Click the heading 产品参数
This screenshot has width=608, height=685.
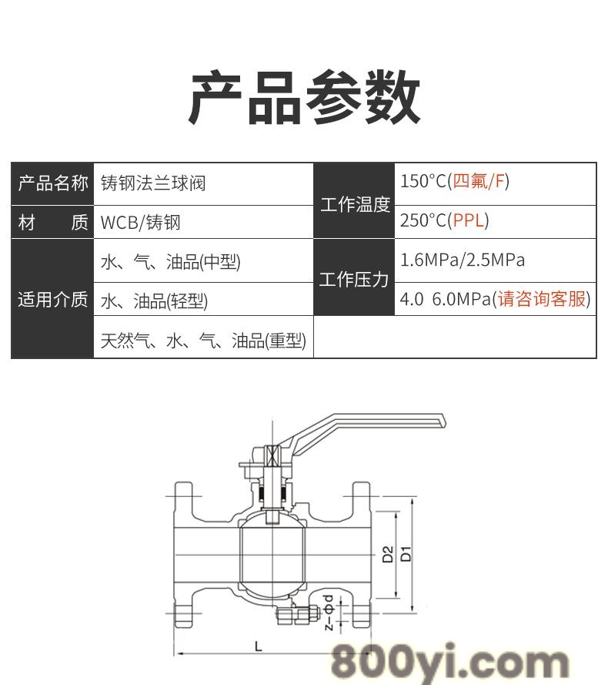304,97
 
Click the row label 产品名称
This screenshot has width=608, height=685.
53,183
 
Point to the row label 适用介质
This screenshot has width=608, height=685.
53,300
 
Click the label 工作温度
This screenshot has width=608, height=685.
355,204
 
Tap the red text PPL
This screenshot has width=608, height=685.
469,220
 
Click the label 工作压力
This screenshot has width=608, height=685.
354,280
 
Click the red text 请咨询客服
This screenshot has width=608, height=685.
542,299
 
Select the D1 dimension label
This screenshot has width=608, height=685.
406,553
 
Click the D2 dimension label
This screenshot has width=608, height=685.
388,554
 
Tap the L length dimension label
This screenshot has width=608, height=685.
259,646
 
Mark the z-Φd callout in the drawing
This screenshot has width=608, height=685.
329,612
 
